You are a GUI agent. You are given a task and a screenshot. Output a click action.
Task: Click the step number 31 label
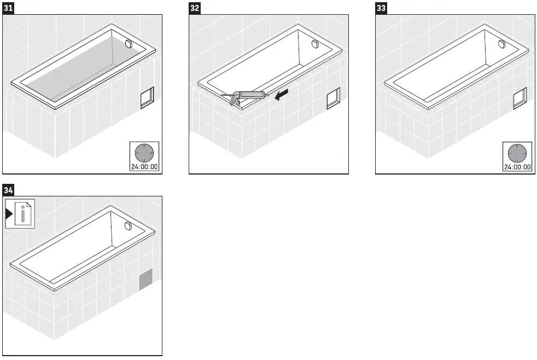point(9,8)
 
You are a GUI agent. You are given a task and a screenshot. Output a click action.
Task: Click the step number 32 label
point(195,8)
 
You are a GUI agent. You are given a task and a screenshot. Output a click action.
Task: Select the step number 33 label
point(381,8)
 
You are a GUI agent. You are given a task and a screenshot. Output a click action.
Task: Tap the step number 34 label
point(9,190)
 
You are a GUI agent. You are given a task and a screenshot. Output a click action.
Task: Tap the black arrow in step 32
point(282,96)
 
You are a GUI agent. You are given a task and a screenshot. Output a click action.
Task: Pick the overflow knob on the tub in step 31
point(130,44)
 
